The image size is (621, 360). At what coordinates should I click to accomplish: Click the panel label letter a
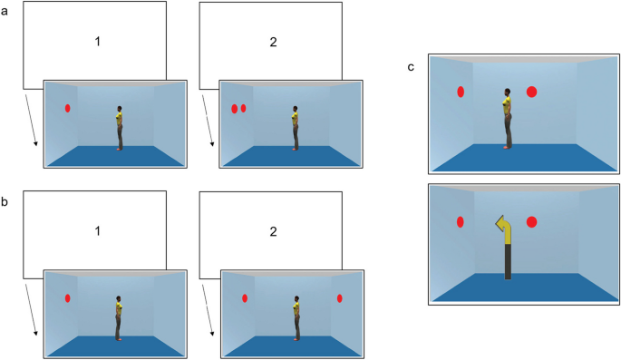pos(5,11)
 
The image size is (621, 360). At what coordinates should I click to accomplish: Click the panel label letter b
pos(5,201)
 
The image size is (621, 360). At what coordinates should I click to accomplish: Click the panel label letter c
pos(411,67)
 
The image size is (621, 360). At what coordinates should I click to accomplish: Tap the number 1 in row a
pos(97,41)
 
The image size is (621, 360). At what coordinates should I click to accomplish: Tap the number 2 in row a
pos(273,42)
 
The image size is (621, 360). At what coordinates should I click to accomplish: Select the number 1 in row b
pos(97,231)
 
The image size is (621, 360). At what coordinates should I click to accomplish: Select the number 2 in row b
pos(273,231)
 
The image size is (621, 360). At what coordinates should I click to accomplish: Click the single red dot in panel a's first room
pos(68,108)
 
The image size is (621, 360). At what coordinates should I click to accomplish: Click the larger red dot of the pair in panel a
pos(235,109)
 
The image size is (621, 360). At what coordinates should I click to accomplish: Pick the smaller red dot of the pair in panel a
pos(243,108)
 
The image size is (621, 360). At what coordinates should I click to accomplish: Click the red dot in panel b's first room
pos(68,298)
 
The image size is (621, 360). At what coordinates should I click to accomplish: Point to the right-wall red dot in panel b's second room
pos(339,298)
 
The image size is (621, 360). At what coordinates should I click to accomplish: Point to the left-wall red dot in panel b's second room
pos(245,298)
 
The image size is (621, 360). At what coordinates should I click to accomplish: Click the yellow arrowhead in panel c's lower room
pos(500,224)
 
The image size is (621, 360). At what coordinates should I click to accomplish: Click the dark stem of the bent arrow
pos(508,261)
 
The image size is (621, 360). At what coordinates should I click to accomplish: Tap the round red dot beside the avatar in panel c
pos(531,92)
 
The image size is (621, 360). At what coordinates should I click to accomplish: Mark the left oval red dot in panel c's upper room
pos(461,92)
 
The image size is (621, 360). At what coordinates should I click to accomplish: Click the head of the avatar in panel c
pos(508,92)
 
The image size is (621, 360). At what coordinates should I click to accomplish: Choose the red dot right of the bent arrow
pos(531,222)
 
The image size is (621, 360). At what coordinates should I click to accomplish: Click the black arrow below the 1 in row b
pos(32,310)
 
